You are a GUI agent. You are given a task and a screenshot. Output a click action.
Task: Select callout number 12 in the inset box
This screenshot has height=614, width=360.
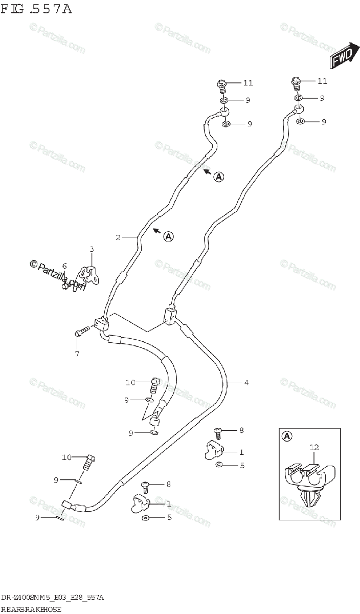[313, 447]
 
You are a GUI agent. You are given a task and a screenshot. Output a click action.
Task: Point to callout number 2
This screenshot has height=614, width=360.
[118, 237]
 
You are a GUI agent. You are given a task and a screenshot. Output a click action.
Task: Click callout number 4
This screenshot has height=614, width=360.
[246, 383]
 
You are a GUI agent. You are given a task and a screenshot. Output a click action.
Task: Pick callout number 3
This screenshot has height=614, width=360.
[92, 249]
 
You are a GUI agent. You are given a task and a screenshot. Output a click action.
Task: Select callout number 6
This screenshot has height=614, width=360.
[64, 266]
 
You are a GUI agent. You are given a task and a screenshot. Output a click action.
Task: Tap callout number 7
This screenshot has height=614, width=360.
[77, 353]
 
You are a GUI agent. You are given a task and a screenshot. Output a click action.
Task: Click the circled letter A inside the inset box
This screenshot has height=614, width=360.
[287, 436]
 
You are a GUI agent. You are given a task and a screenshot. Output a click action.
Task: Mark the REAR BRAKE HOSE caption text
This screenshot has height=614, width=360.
[31, 609]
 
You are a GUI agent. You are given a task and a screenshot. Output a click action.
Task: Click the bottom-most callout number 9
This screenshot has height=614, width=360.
[37, 517]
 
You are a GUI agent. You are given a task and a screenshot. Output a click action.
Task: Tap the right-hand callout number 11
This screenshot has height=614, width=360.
[322, 81]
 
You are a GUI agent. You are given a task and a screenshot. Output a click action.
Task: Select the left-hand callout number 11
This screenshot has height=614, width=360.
[248, 83]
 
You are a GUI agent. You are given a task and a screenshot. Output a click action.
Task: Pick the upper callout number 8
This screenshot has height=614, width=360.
[241, 430]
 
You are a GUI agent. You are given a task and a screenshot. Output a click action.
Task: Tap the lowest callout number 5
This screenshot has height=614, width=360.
[169, 517]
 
